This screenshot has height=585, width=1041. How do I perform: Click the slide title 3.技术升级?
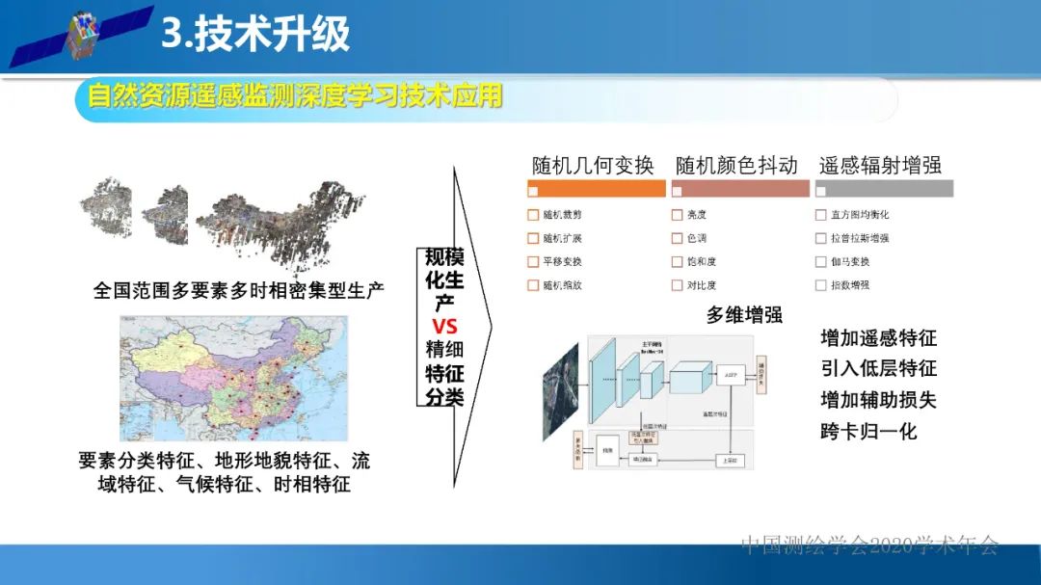click(254, 35)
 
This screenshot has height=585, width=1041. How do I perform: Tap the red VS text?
click(444, 326)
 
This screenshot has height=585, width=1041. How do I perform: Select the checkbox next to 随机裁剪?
click(533, 214)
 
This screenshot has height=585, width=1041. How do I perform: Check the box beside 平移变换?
click(533, 261)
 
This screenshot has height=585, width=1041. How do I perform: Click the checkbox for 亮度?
click(677, 214)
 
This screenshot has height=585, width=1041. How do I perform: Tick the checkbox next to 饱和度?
click(677, 261)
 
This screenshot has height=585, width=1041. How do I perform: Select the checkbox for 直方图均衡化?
click(821, 214)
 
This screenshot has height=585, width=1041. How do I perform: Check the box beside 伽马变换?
click(821, 261)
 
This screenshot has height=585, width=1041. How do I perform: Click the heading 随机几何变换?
click(593, 165)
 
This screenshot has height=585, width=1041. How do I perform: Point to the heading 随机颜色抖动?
click(736, 165)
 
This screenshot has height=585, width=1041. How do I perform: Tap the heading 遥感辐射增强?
click(880, 165)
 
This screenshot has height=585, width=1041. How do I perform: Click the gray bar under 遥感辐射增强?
click(884, 189)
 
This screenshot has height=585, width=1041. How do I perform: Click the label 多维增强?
click(743, 314)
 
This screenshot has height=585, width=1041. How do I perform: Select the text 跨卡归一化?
click(868, 431)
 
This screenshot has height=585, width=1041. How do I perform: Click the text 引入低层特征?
click(878, 368)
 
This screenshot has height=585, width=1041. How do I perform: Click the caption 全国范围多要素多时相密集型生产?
click(239, 289)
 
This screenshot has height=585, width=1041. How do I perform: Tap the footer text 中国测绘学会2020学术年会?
click(869, 545)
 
